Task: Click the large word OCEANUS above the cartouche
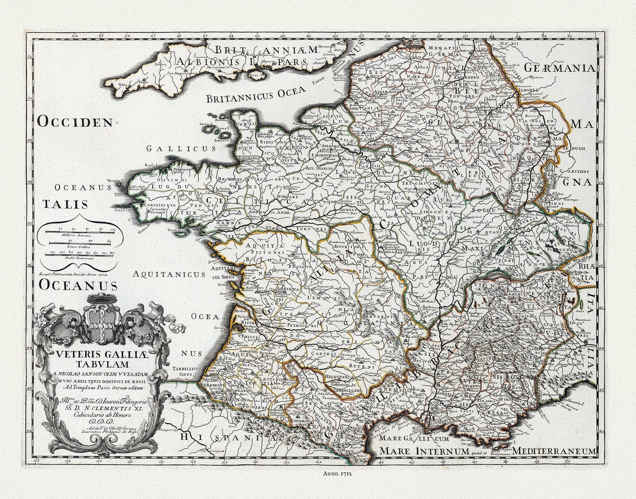tap(78, 285)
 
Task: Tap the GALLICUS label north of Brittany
tap(181, 149)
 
